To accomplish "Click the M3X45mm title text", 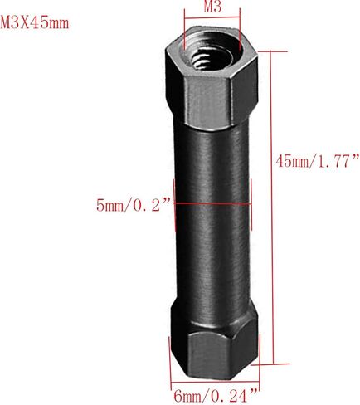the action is tap(35, 22).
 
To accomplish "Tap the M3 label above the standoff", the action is tap(212, 7).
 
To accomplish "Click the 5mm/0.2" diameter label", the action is tap(134, 205).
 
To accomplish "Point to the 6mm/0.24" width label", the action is tap(216, 396).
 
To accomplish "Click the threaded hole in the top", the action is tap(212, 57).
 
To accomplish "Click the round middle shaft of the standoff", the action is tap(212, 216).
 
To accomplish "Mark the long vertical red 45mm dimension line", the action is tap(272, 207).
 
